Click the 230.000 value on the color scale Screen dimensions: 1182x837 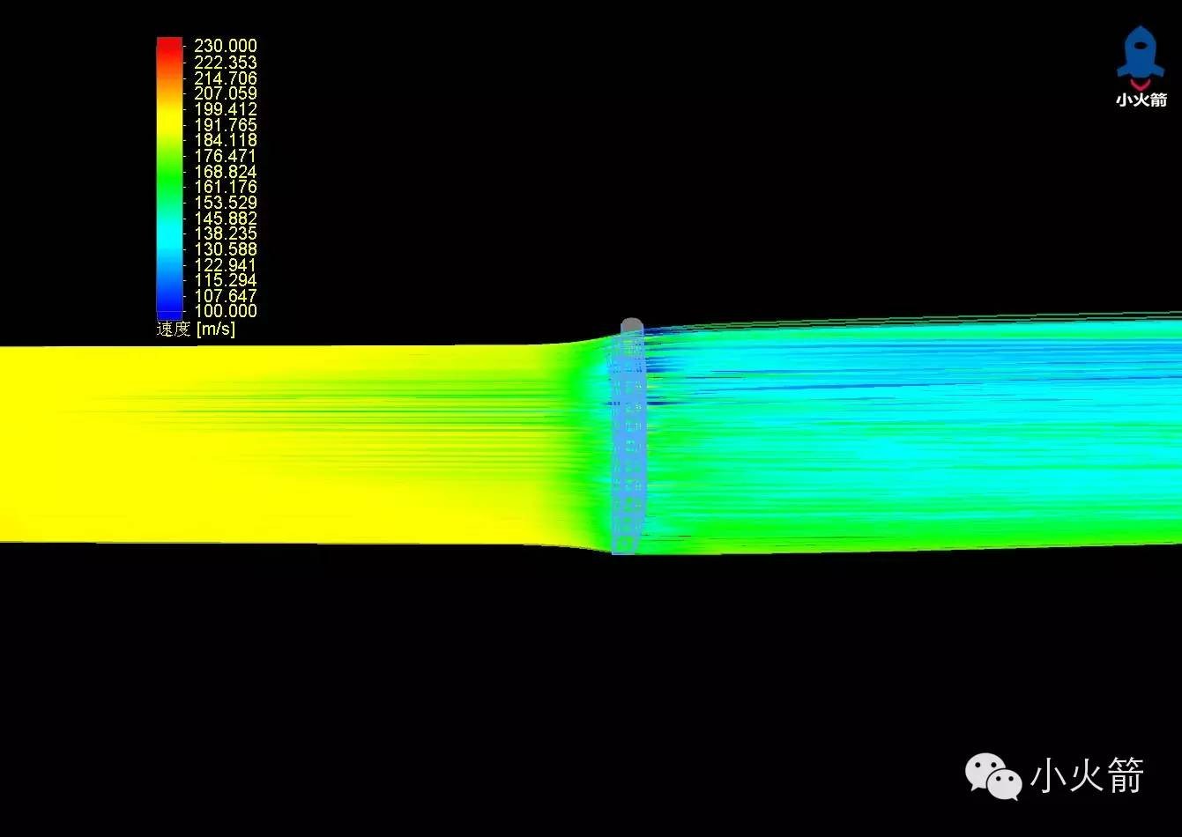(226, 45)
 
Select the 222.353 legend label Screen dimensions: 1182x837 (226, 63)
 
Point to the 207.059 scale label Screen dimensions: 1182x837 (226, 93)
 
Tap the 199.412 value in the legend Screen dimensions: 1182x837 (226, 109)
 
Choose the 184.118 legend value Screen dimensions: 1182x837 (226, 140)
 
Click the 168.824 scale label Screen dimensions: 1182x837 (226, 172)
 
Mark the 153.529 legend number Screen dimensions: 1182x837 (226, 203)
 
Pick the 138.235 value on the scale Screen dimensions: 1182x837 (226, 233)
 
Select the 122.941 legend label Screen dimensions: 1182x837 (226, 265)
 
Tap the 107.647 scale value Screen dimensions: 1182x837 (226, 295)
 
